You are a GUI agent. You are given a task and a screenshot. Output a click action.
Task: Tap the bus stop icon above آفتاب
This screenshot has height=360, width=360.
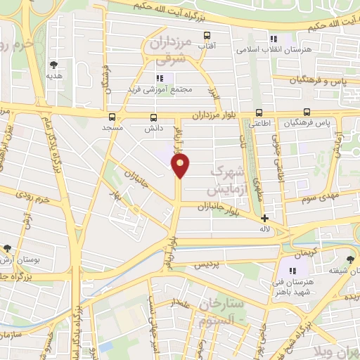tap(207, 35)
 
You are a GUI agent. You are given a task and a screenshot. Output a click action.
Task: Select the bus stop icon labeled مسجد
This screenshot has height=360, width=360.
tap(112, 117)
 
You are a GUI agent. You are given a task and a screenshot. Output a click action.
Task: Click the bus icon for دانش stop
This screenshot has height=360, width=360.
tap(153, 117)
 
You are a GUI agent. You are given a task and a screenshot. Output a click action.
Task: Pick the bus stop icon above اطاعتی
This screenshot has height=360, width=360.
tap(259, 112)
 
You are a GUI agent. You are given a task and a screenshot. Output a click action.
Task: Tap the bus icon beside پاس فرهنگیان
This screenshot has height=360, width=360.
tap(307, 112)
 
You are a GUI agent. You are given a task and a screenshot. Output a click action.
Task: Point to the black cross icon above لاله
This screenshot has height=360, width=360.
tap(264, 219)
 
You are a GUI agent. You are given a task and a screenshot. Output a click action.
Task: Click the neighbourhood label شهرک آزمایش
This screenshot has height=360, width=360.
tap(225, 181)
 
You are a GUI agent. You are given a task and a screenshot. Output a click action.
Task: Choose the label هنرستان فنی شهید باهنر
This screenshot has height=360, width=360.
tap(292, 283)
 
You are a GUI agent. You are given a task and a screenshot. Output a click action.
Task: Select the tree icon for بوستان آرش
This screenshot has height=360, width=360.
tap(7, 248)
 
